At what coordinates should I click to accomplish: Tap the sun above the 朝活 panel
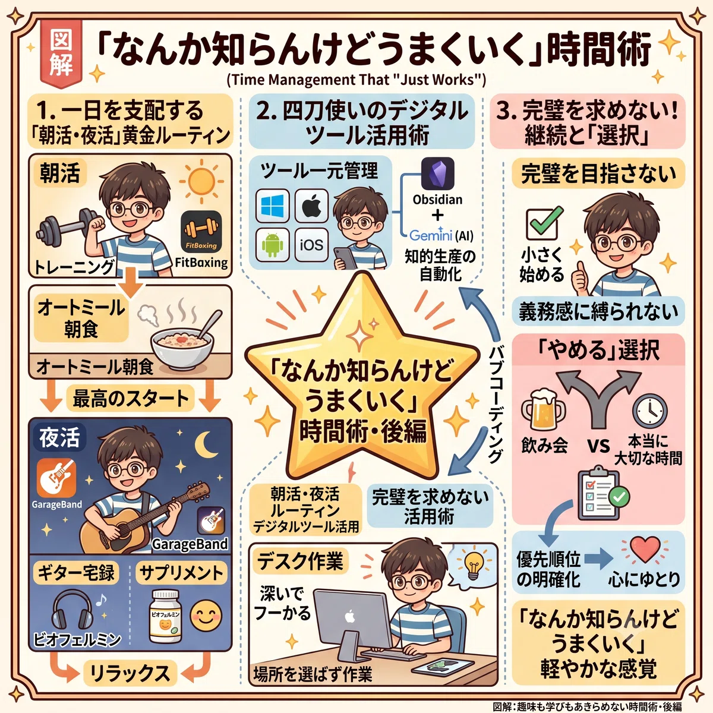[x=201, y=181]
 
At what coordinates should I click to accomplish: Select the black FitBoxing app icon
[x=201, y=232]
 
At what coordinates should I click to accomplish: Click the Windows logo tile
[x=272, y=206]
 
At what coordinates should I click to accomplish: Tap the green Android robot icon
[x=272, y=245]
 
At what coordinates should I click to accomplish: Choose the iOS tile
[x=311, y=245]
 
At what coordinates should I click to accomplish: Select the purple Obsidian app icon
[x=438, y=173]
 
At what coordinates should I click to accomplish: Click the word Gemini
[x=431, y=235]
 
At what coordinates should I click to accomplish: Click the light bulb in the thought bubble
[x=473, y=566]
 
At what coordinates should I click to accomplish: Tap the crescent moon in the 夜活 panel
[x=206, y=444]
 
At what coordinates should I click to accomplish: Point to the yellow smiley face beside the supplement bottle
[x=206, y=616]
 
